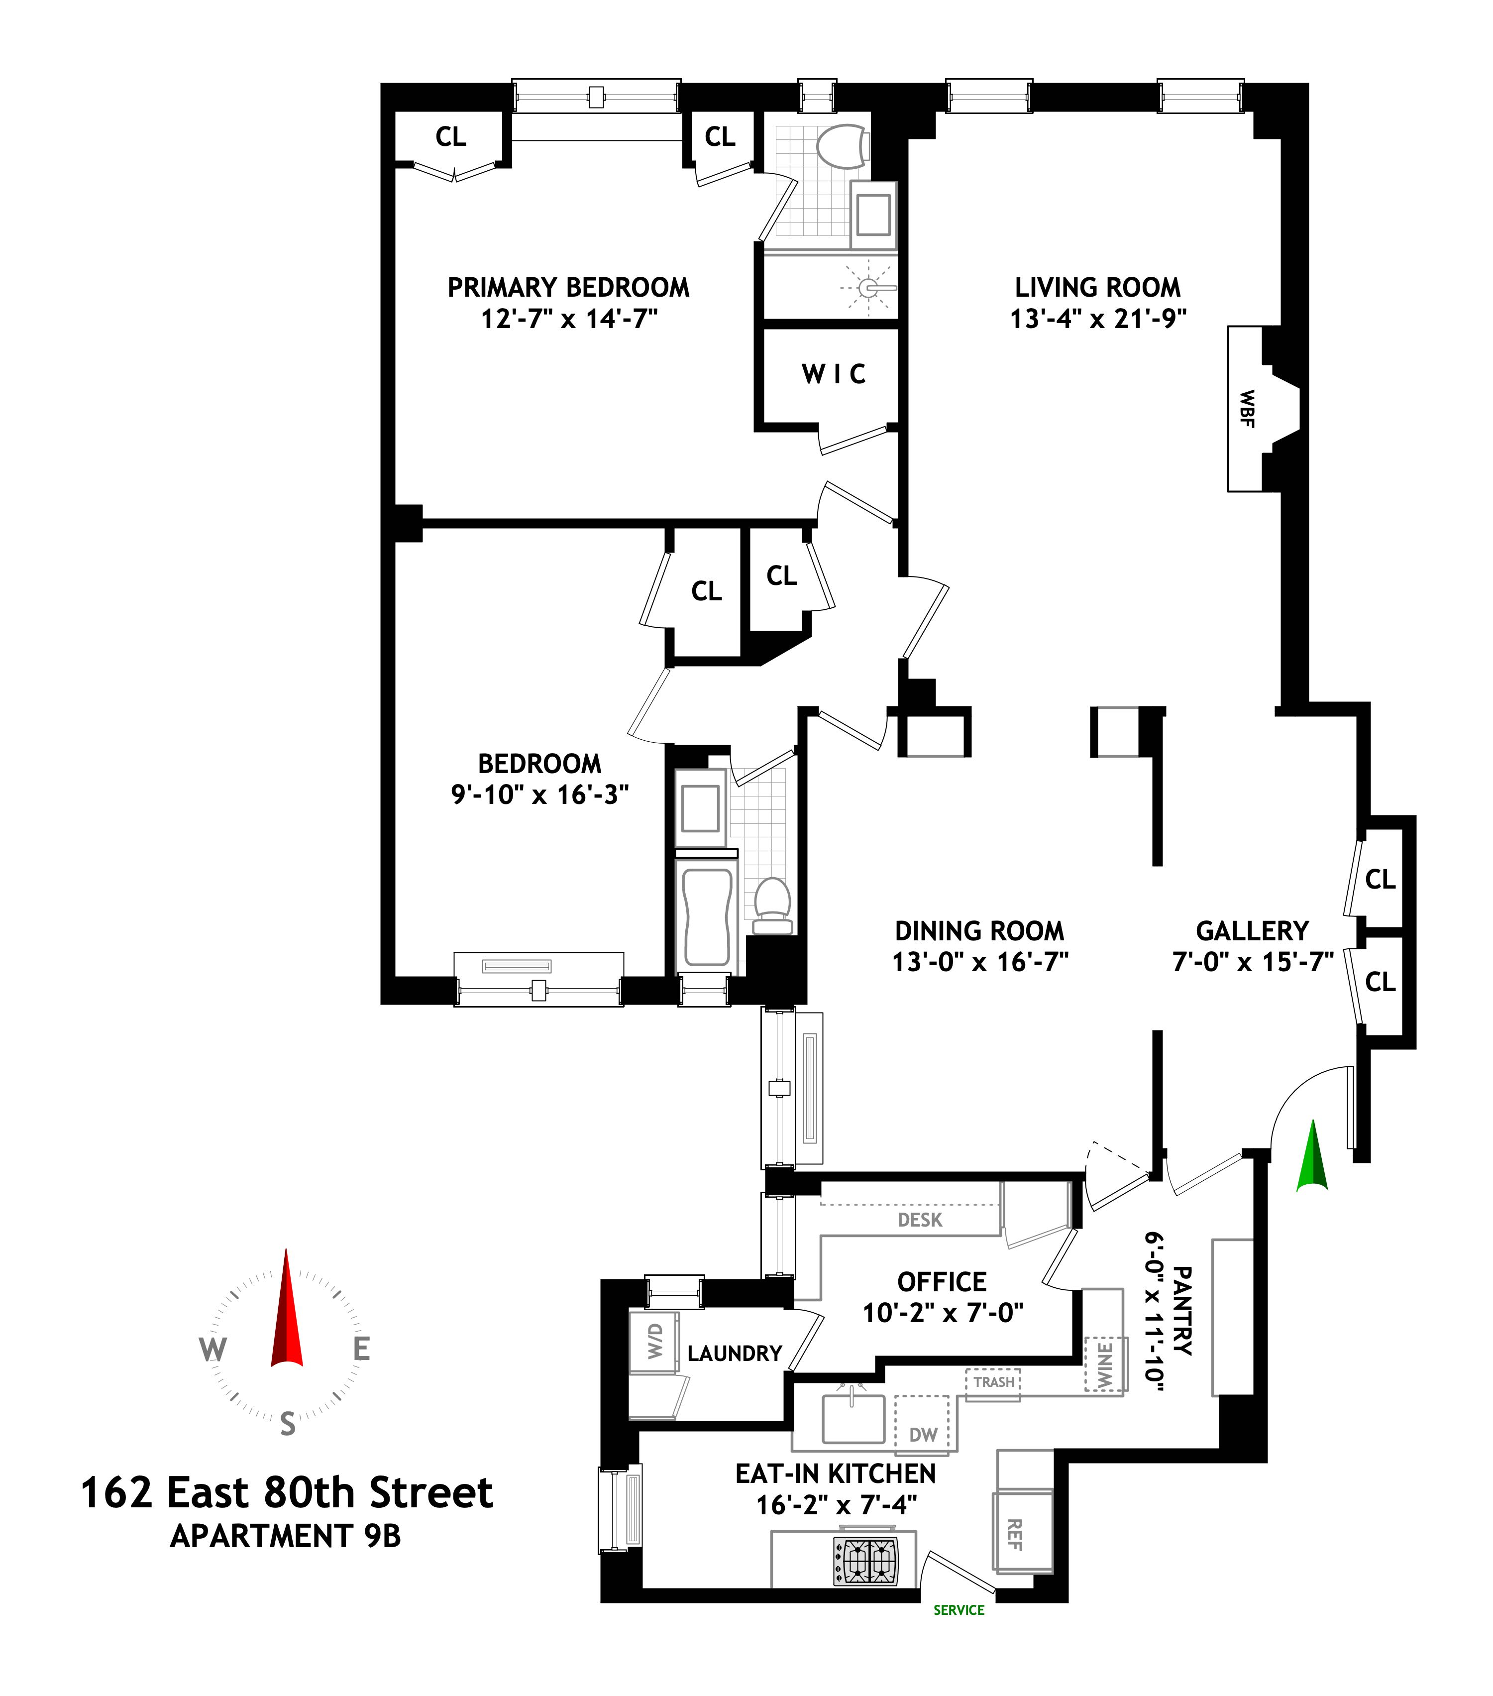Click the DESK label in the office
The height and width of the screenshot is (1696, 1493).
click(920, 1220)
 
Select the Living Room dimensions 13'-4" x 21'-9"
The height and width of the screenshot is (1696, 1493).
click(1097, 319)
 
